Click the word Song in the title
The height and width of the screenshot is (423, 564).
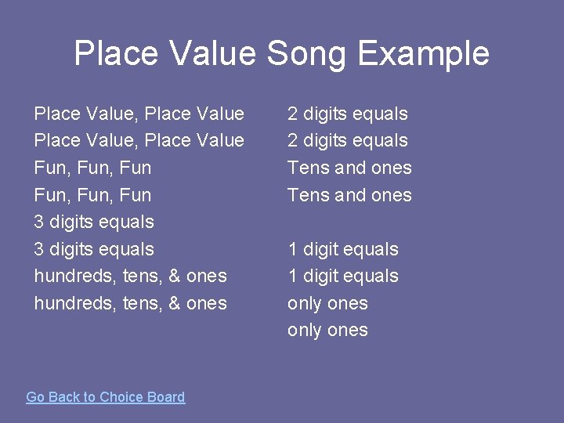click(306, 54)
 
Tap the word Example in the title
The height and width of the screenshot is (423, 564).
click(423, 54)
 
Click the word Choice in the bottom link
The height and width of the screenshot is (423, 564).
click(122, 397)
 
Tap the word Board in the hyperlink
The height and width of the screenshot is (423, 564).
click(165, 397)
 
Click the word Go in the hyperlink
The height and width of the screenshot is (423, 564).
click(35, 397)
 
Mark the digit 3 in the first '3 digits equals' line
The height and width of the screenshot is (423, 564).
click(39, 222)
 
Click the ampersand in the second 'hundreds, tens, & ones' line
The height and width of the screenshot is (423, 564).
click(174, 303)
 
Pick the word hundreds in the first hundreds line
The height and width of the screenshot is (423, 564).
click(75, 276)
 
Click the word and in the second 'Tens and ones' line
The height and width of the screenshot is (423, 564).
click(350, 195)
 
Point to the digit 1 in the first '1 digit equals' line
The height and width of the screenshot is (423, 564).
click(292, 249)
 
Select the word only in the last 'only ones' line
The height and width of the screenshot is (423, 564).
click(304, 330)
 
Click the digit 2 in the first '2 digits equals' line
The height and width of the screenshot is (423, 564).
click(292, 114)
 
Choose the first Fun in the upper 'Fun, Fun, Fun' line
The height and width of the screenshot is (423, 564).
click(49, 168)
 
